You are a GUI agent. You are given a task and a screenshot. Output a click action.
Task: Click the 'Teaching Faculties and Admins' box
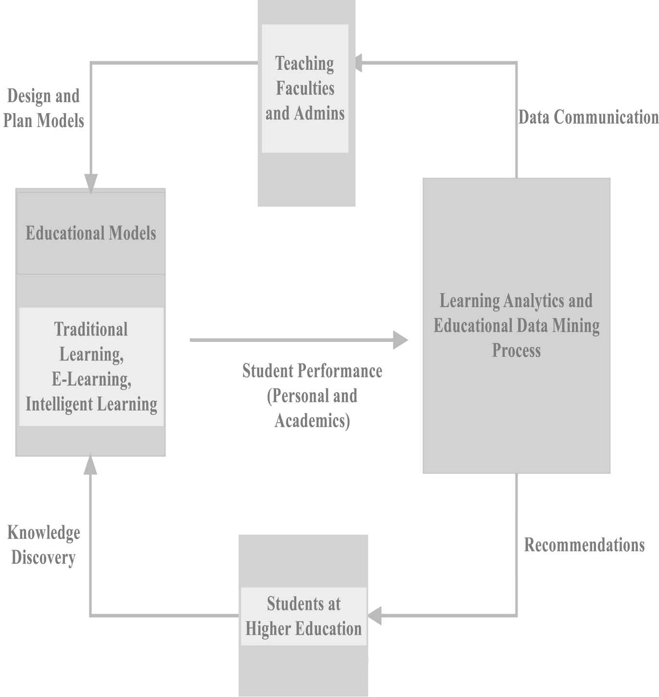(306, 103)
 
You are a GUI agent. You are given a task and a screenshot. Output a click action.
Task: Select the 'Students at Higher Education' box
(303, 616)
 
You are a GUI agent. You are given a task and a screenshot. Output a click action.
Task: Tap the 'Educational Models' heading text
(91, 233)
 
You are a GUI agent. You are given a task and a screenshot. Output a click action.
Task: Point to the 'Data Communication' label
(588, 117)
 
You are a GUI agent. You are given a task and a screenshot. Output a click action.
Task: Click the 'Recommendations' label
(584, 545)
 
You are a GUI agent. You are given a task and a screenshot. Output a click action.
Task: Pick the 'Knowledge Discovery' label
(44, 545)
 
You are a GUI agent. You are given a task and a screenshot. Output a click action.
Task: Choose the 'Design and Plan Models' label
(44, 108)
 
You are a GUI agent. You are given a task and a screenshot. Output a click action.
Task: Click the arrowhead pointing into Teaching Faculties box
(358, 63)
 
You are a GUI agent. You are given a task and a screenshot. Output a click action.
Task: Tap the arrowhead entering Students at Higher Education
(375, 616)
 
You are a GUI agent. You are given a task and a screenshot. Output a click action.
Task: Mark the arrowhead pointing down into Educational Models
(91, 184)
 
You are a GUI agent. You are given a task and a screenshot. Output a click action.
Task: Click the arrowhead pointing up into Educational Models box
(90, 465)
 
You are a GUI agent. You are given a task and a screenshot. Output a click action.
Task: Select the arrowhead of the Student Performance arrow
(401, 340)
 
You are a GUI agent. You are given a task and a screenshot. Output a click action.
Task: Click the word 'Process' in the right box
(516, 350)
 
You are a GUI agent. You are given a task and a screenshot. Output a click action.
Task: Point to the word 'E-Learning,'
(91, 379)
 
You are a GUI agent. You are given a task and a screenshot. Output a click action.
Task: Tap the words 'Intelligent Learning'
(91, 404)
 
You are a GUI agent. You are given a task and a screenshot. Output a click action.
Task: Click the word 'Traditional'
(91, 329)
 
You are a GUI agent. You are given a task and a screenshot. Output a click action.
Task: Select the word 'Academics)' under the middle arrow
(312, 421)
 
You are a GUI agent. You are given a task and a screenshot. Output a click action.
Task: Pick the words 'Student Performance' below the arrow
(312, 371)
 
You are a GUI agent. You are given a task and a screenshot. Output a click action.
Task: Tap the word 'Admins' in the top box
(319, 114)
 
